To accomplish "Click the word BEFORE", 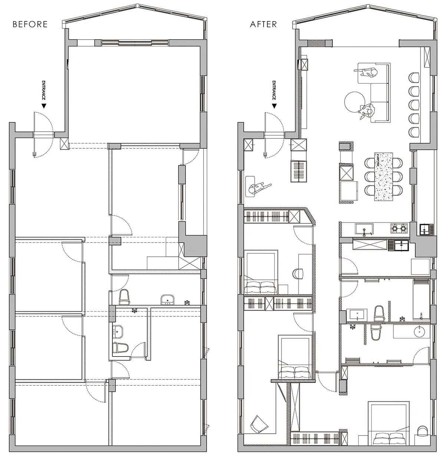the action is (30, 24).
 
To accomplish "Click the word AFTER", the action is (263, 24).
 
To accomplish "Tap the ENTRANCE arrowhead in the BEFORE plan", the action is (43, 106).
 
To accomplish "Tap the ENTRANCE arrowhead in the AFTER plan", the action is (274, 106).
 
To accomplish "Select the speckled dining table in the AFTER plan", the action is (384, 176).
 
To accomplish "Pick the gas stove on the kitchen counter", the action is (399, 228).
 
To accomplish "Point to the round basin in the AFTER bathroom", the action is (420, 331).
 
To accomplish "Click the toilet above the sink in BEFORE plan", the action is (124, 297).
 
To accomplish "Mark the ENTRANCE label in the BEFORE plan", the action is (43, 90).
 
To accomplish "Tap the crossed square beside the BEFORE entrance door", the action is (64, 144).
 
